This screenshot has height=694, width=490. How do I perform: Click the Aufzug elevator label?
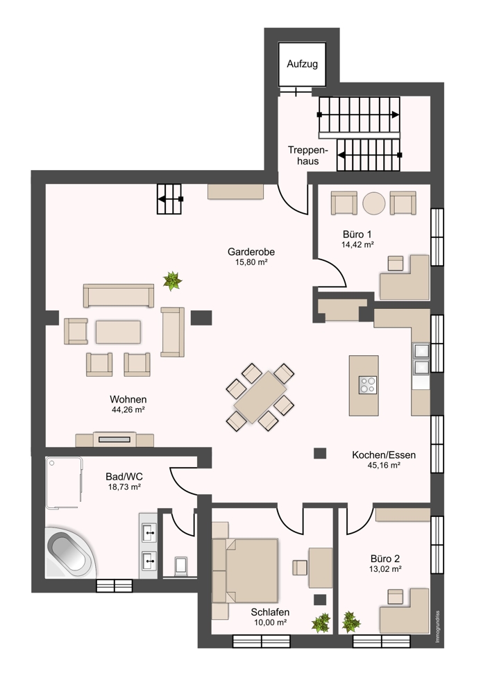[302, 64]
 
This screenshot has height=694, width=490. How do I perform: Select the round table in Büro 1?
[374, 203]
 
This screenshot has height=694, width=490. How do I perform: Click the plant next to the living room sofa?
[172, 280]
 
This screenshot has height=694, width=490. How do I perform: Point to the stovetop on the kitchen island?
[367, 384]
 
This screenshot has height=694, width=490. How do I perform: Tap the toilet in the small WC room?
[181, 566]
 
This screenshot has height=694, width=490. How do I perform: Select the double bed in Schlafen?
[245, 570]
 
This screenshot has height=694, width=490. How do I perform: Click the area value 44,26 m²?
[129, 410]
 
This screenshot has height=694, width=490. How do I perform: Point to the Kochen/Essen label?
[384, 455]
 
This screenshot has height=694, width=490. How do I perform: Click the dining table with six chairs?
[260, 397]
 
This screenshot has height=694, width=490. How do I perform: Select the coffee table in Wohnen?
[118, 332]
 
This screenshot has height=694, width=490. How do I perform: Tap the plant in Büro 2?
[351, 621]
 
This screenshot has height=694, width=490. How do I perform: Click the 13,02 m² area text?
[386, 569]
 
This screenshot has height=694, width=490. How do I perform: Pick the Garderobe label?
[251, 252]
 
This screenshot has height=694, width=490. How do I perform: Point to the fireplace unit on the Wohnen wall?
[115, 439]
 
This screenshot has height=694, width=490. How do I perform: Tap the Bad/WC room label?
[124, 477]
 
